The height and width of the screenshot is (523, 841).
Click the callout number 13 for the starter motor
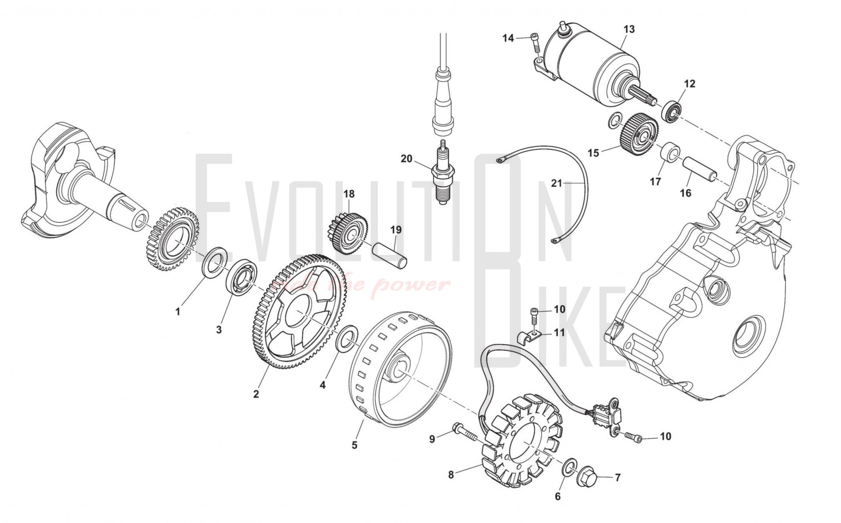629,29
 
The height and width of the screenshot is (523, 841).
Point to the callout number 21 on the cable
557,183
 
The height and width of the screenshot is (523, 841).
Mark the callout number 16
685,193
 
